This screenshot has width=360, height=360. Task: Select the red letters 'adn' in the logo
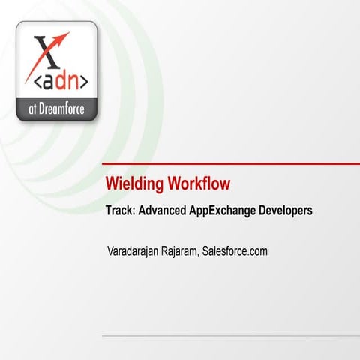point(58,79)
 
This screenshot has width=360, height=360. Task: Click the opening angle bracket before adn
point(32,80)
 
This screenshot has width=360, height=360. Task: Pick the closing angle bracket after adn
point(84,80)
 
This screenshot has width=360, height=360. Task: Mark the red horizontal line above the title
point(232,163)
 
